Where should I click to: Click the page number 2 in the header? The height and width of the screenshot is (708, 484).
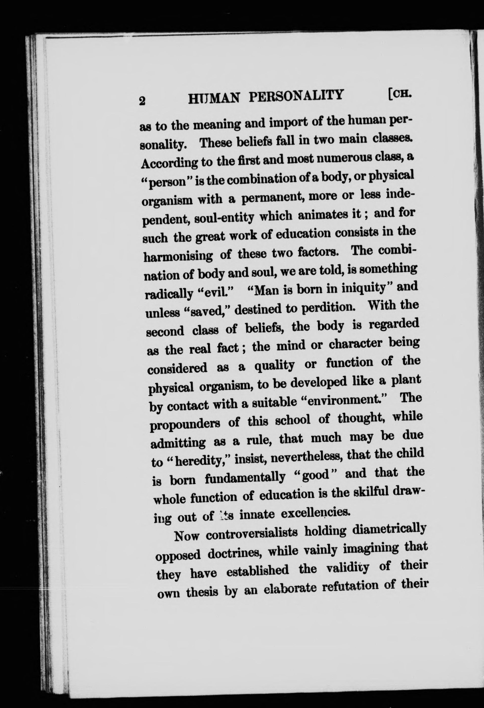142,100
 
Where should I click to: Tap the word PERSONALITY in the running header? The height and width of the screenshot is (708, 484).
296,96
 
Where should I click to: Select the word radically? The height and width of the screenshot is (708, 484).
169,294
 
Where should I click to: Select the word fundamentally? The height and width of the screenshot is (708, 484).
245,477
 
